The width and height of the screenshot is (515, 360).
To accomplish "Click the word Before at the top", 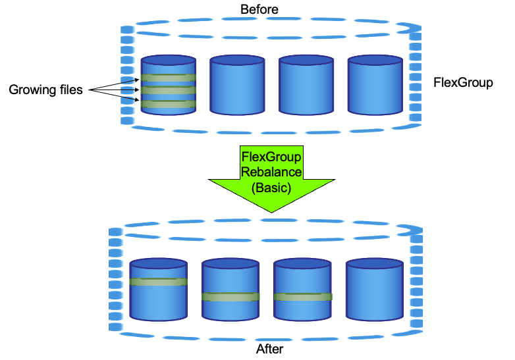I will (259, 9).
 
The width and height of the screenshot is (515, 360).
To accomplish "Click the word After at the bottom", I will (269, 349).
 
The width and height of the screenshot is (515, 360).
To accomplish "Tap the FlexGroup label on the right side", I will (463, 83).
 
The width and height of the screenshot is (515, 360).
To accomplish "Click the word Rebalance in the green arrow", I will (271, 172).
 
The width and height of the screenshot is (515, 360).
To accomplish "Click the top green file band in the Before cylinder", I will (168, 78).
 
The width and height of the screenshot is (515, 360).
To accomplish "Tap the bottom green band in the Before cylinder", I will (168, 104).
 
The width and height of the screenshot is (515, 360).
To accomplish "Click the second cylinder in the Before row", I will (237, 86).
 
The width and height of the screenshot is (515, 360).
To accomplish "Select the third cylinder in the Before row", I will (306, 86).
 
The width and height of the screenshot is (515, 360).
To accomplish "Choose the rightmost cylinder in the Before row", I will (375, 86).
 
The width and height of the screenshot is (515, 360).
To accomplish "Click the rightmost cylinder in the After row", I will (374, 290).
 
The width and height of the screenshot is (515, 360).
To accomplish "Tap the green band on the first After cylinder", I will (159, 282).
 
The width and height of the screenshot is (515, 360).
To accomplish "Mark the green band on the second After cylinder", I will (230, 297).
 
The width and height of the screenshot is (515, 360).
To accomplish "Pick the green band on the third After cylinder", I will (302, 297).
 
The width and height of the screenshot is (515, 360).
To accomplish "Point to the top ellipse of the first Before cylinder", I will (168, 60).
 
